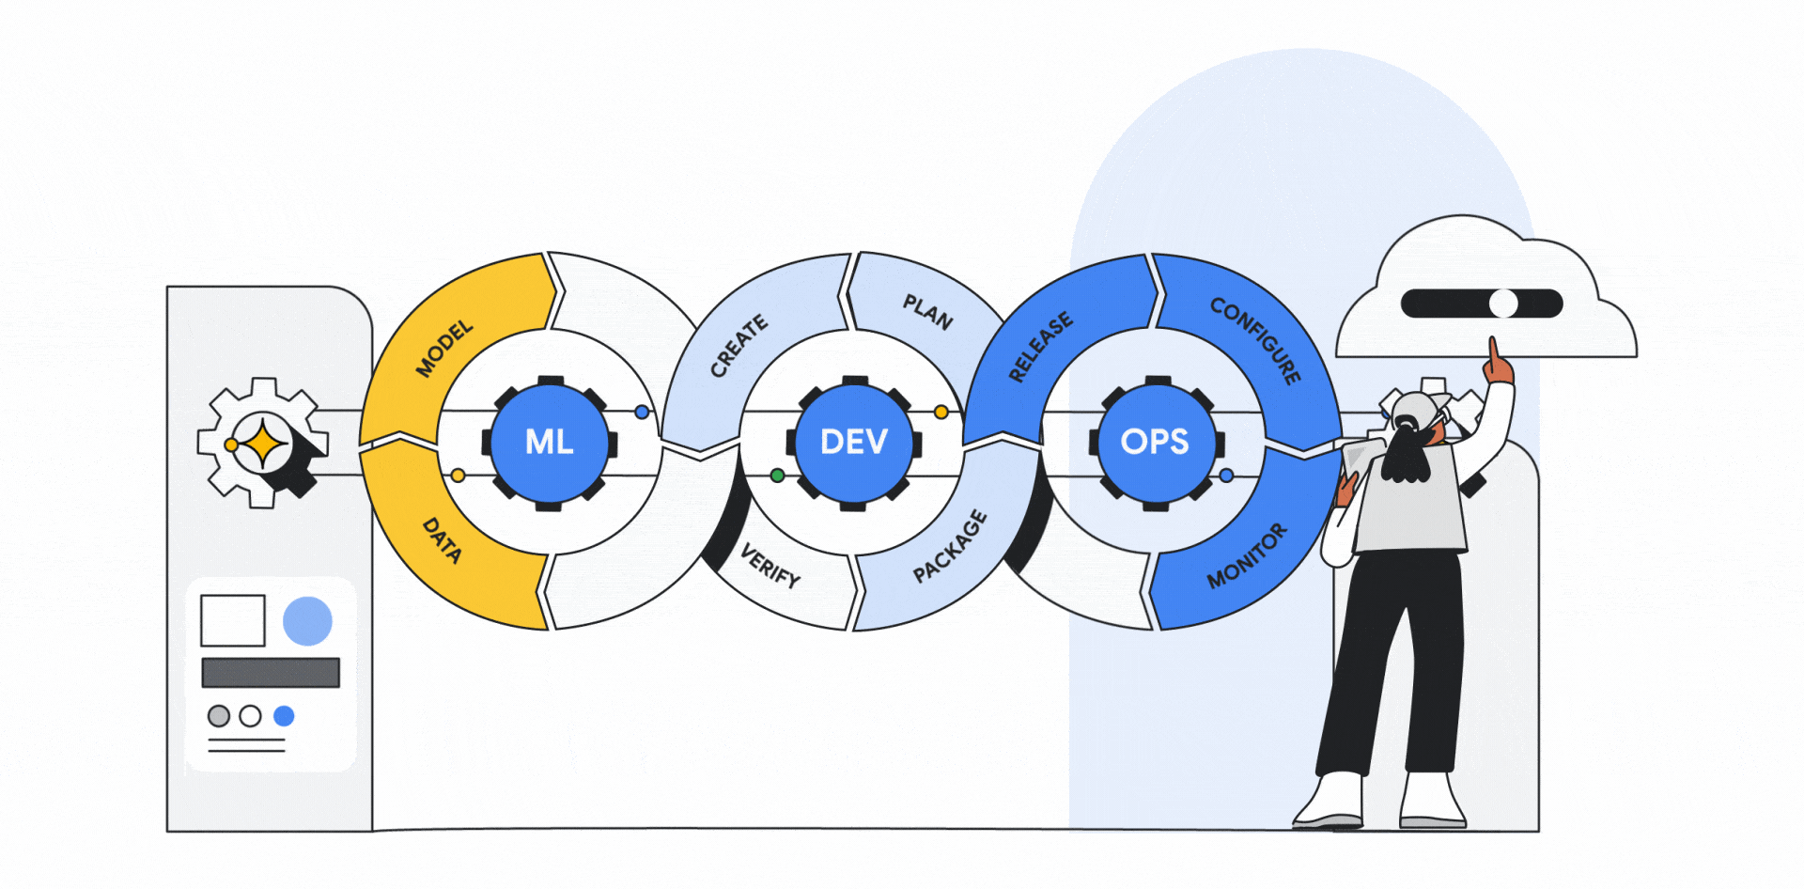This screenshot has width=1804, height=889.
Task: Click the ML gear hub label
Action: (x=550, y=442)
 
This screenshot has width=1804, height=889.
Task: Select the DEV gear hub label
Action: (x=854, y=442)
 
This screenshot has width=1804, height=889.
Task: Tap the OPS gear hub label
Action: (x=1155, y=442)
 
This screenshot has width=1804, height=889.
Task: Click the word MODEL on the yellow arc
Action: (x=444, y=349)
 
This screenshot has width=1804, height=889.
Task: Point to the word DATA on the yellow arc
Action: (x=442, y=540)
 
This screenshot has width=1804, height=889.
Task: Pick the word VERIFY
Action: (x=770, y=566)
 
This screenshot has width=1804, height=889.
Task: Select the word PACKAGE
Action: (x=950, y=546)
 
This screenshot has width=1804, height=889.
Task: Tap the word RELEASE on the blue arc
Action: (x=1040, y=347)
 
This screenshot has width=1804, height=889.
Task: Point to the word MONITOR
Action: (x=1247, y=556)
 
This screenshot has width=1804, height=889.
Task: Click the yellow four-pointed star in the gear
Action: (x=264, y=444)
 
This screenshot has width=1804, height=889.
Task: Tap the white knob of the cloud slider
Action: (x=1503, y=304)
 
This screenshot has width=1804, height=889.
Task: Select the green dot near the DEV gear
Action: (x=777, y=476)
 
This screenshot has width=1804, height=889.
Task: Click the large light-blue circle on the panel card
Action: (x=307, y=621)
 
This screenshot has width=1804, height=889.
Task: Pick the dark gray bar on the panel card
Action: (x=271, y=673)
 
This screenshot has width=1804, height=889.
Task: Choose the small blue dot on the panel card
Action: (x=284, y=716)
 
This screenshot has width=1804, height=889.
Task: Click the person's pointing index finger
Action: (x=1492, y=352)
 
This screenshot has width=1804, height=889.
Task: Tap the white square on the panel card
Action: (x=233, y=620)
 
